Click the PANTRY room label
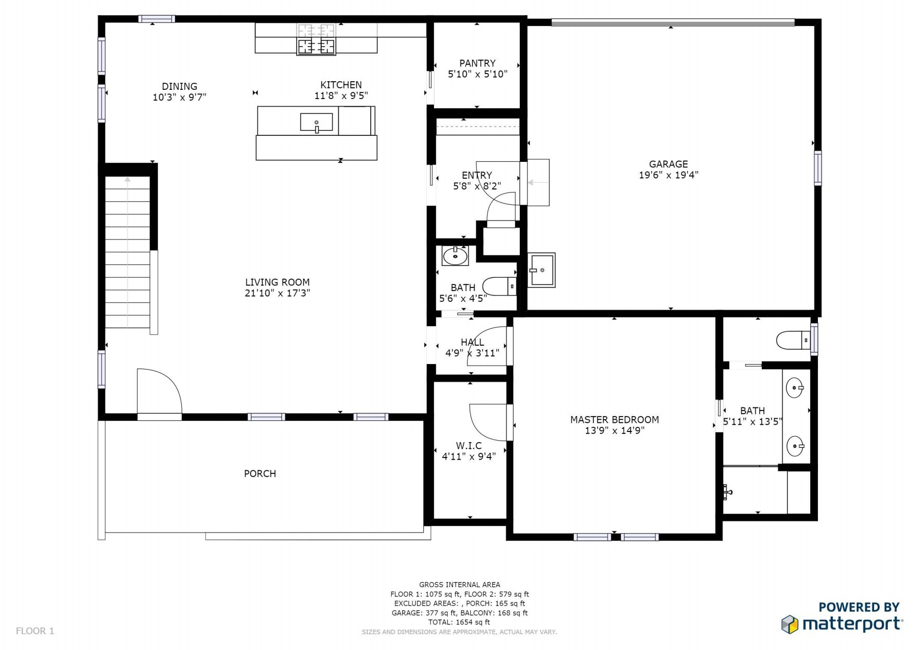[477, 63]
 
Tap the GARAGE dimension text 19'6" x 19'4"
[668, 175]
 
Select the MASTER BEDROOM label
[614, 420]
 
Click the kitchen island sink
[317, 123]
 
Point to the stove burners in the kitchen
[317, 39]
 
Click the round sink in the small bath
[455, 255]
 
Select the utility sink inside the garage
[541, 270]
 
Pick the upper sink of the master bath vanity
[795, 388]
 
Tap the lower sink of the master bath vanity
[795, 446]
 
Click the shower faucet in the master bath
[728, 492]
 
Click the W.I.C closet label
[469, 446]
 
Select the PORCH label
[260, 474]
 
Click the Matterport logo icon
[790, 624]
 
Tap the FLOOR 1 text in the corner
[35, 631]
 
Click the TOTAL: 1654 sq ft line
[459, 622]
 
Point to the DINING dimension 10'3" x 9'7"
[180, 98]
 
